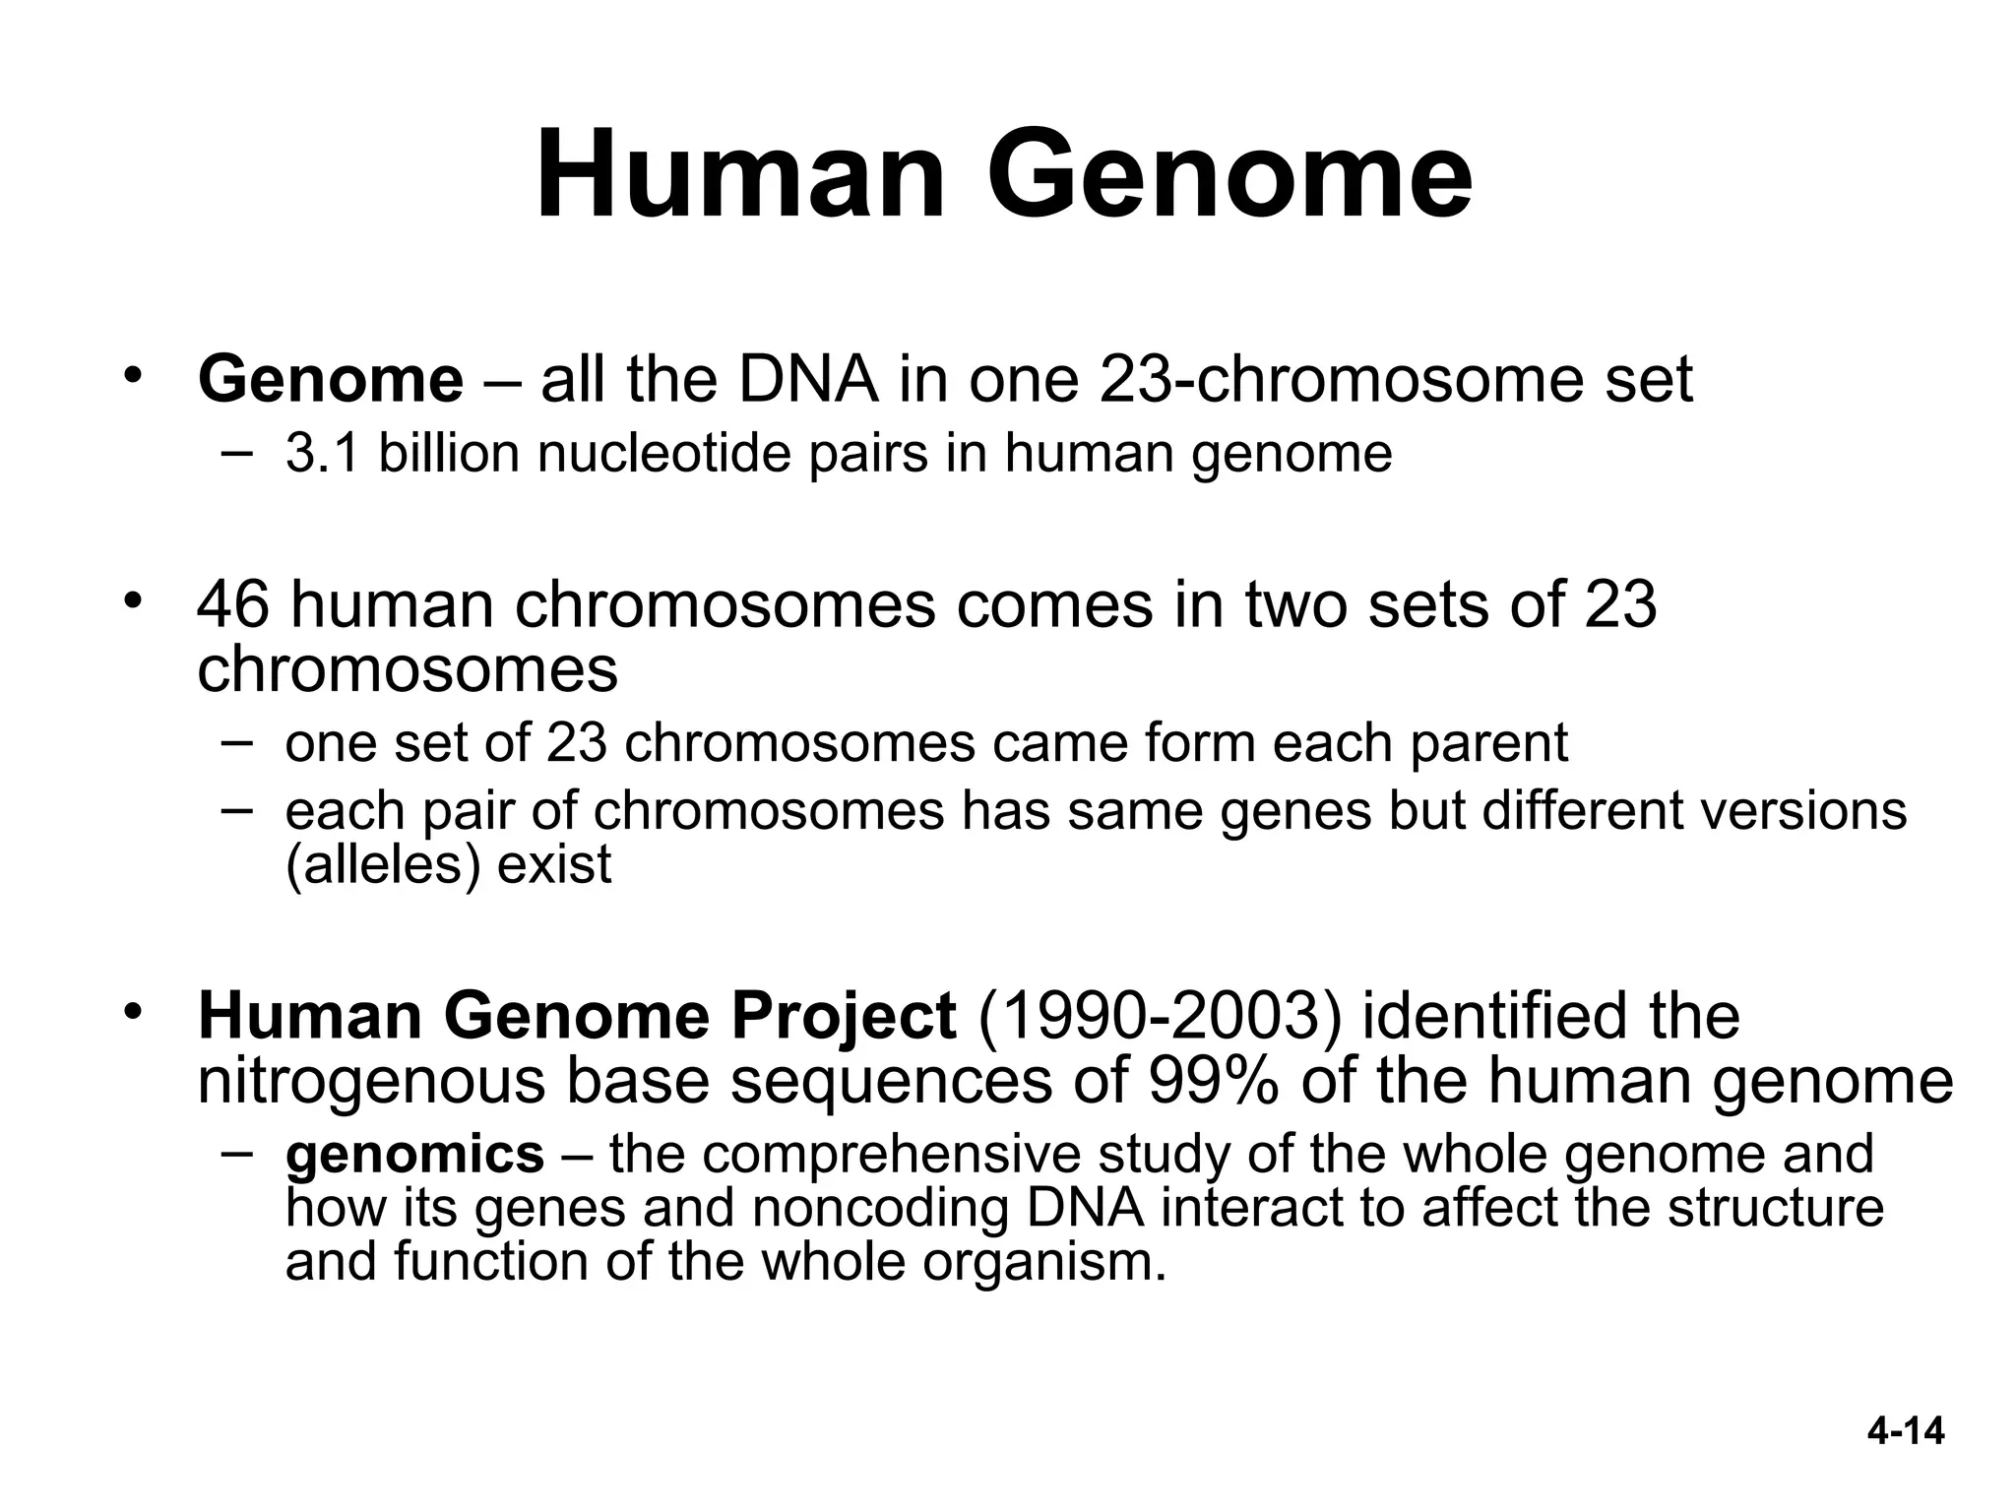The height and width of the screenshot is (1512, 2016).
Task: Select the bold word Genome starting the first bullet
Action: pyautogui.click(x=330, y=380)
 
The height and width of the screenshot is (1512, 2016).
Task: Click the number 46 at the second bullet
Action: pyautogui.click(x=233, y=604)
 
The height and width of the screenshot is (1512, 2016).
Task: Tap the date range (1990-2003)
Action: pyautogui.click(x=1160, y=1016)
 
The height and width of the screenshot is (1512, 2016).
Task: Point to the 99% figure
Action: pyautogui.click(x=1214, y=1081)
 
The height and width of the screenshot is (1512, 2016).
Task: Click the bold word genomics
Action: pyautogui.click(x=414, y=1155)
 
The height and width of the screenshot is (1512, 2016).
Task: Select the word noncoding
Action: pyautogui.click(x=880, y=1209)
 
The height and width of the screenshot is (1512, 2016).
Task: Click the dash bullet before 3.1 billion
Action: pyautogui.click(x=236, y=452)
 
